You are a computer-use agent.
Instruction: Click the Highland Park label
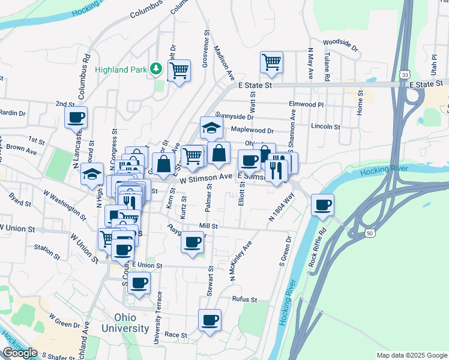121,70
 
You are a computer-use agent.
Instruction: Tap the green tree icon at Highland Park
156,69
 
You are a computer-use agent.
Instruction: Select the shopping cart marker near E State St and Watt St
272,62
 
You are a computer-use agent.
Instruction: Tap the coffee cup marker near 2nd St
76,118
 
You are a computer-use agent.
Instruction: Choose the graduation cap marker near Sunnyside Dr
211,128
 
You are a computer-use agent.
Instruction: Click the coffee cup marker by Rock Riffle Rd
323,205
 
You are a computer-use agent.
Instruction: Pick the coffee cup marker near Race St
209,320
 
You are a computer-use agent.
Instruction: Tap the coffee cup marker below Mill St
192,242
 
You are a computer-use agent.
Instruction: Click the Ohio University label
125,323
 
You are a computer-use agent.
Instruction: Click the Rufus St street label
244,299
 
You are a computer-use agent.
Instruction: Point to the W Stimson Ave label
205,177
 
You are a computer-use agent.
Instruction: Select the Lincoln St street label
326,127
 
